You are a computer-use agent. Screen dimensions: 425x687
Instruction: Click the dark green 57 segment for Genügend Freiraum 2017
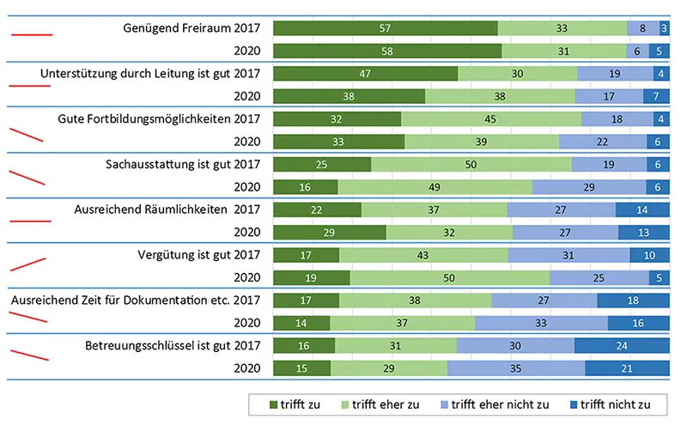385,28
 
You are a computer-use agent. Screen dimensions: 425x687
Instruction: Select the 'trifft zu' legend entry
296,404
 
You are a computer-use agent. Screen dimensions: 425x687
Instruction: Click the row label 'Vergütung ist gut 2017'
198,254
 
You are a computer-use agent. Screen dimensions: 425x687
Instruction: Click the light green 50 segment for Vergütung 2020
449,277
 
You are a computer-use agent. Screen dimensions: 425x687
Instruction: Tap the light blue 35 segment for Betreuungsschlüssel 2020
516,367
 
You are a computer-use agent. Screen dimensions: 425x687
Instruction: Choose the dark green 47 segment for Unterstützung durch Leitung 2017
365,74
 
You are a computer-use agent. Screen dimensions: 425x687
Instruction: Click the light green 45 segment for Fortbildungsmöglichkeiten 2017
491,118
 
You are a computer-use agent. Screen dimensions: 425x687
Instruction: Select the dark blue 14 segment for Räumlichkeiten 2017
642,209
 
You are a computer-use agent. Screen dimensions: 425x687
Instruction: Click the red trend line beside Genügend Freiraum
30,35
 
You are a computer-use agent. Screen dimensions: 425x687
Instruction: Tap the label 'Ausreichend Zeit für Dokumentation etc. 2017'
135,300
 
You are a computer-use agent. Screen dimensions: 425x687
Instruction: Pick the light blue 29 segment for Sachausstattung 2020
590,186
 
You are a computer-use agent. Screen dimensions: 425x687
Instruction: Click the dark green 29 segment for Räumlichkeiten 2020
329,232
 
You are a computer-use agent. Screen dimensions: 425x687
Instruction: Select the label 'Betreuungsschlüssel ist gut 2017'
173,345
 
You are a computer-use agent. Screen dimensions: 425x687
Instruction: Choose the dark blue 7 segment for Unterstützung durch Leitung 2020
656,96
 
